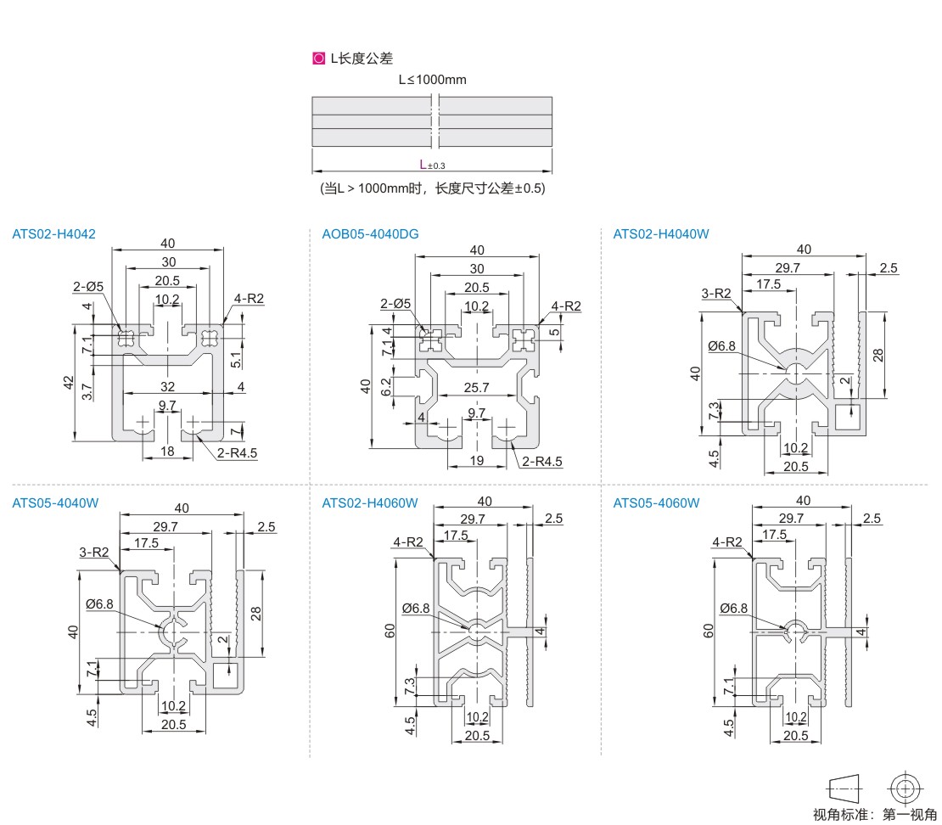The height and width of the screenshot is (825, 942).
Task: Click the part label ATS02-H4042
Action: point(53,234)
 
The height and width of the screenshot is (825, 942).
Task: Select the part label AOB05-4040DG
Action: point(370,234)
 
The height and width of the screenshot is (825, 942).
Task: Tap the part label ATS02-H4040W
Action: point(660,234)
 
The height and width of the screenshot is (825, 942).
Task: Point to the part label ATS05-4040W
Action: point(55,502)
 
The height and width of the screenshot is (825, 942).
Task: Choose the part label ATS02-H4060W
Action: point(370,502)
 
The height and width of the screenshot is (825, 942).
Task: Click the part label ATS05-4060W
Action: point(656,502)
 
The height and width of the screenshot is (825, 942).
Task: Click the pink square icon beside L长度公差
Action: point(318,59)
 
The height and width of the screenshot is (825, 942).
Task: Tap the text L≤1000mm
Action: point(433,81)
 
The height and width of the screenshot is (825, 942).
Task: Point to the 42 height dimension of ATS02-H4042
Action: point(69,382)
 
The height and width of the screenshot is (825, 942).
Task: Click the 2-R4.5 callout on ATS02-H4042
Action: point(237,452)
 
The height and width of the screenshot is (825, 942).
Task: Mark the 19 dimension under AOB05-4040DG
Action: point(478,461)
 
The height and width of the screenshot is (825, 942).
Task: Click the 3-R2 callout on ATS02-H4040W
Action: point(716,294)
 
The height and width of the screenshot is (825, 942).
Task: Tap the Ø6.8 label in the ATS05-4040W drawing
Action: point(99,603)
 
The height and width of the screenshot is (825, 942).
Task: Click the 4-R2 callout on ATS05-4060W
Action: point(728,542)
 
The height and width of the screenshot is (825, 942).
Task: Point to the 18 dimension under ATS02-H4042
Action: point(168,451)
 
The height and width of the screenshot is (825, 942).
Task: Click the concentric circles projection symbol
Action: point(905,789)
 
